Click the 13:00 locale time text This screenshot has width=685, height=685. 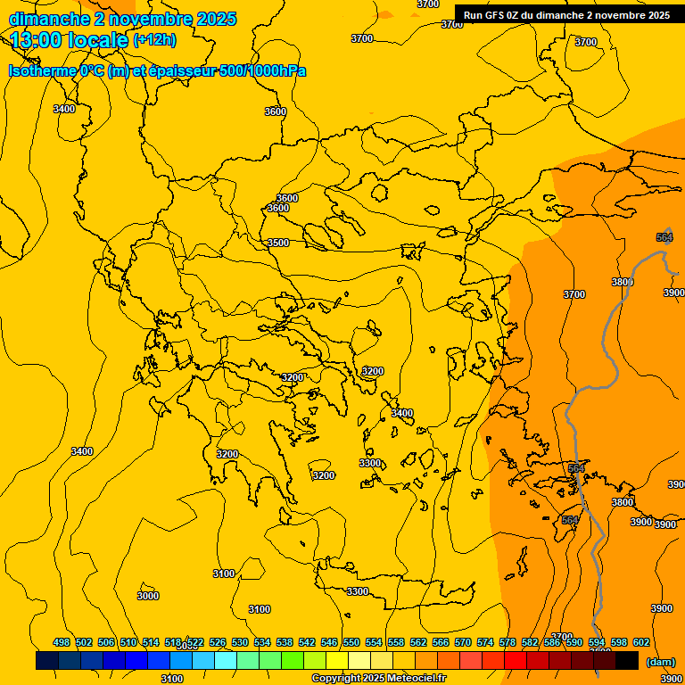coord(70,39)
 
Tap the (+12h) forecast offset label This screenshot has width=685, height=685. coord(154,39)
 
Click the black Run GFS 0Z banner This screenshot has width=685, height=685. coord(566,14)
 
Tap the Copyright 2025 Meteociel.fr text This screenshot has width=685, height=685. coord(378,678)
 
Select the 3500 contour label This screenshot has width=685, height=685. coord(278,243)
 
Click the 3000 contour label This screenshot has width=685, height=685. coord(148,596)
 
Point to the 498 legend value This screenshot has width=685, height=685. coord(61,642)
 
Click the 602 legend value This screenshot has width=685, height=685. coord(641,642)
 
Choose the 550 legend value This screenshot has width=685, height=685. coord(351,642)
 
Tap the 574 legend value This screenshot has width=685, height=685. coord(485,642)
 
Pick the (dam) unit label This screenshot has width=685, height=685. coord(661,662)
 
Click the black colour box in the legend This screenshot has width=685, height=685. coord(626,661)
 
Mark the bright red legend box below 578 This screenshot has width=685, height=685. coord(515,661)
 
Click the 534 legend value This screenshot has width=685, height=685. coord(262,642)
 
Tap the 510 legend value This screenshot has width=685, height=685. coord(128,642)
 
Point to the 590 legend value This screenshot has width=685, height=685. coord(574,642)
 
